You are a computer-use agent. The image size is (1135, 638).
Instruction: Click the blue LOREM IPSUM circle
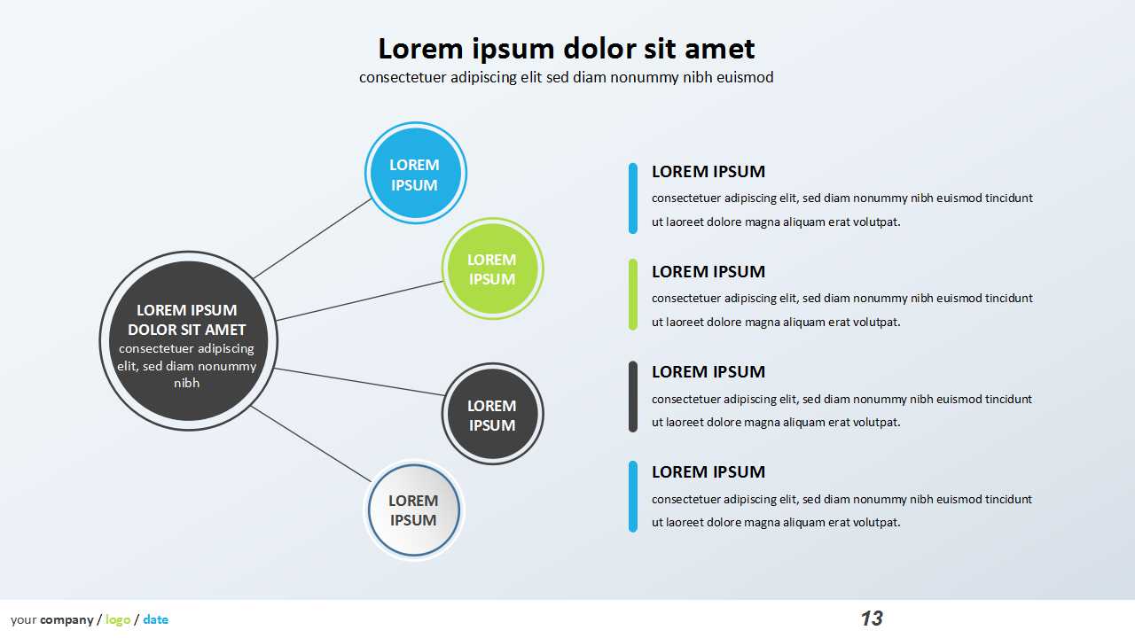(x=415, y=174)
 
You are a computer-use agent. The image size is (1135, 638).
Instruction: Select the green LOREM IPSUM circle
(x=492, y=268)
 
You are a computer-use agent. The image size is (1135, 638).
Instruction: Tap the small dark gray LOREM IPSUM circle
(x=492, y=414)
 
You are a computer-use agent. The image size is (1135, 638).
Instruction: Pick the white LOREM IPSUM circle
(x=414, y=510)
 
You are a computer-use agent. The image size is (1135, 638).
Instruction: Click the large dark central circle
(x=188, y=341)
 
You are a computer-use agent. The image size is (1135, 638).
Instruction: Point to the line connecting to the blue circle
(x=313, y=238)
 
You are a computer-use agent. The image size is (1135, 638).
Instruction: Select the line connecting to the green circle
(x=359, y=301)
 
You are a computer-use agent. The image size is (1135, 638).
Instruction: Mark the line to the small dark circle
(x=359, y=382)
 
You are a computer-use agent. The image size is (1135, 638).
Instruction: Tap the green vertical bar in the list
(x=633, y=294)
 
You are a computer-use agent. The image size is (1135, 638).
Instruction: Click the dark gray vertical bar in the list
(x=633, y=396)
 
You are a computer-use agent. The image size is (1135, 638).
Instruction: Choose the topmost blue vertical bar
(x=633, y=198)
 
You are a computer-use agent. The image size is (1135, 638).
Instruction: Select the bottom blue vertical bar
(x=633, y=496)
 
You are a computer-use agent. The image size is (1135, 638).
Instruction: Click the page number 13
(x=872, y=619)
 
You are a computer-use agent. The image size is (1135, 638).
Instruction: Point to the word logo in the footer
(x=118, y=619)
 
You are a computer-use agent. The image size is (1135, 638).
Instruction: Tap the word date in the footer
(x=155, y=619)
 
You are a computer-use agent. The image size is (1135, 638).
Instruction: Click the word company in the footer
(x=67, y=619)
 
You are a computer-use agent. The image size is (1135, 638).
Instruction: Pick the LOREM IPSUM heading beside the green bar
(x=708, y=271)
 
